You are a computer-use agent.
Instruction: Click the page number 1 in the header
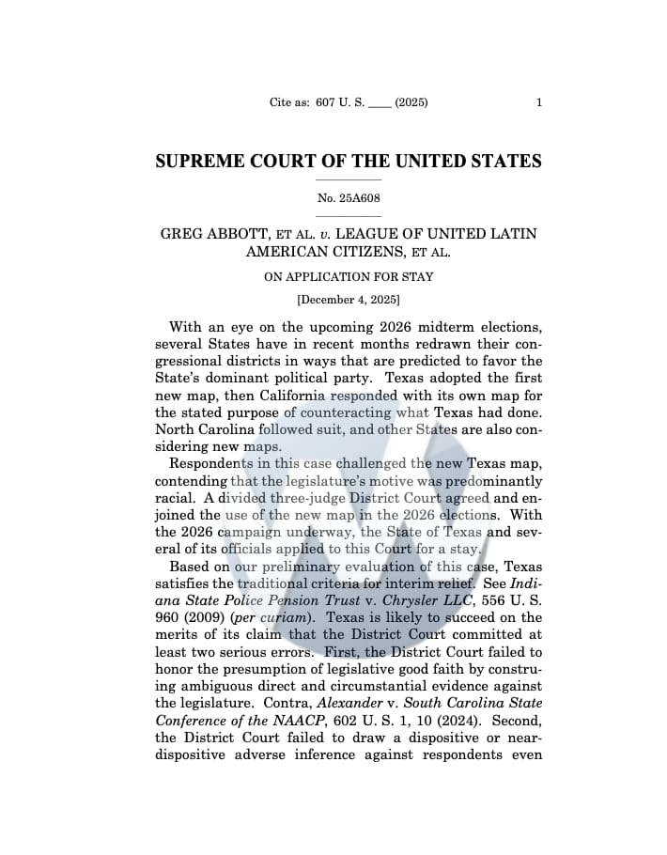click(x=538, y=102)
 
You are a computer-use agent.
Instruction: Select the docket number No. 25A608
click(x=348, y=198)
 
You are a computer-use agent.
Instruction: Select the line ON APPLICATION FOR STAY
click(x=348, y=277)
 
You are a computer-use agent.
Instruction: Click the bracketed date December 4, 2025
click(x=348, y=301)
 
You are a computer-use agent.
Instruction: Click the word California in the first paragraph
click(x=300, y=396)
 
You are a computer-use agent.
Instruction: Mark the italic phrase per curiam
click(x=266, y=617)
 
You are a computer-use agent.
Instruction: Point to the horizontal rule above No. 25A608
click(x=348, y=179)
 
